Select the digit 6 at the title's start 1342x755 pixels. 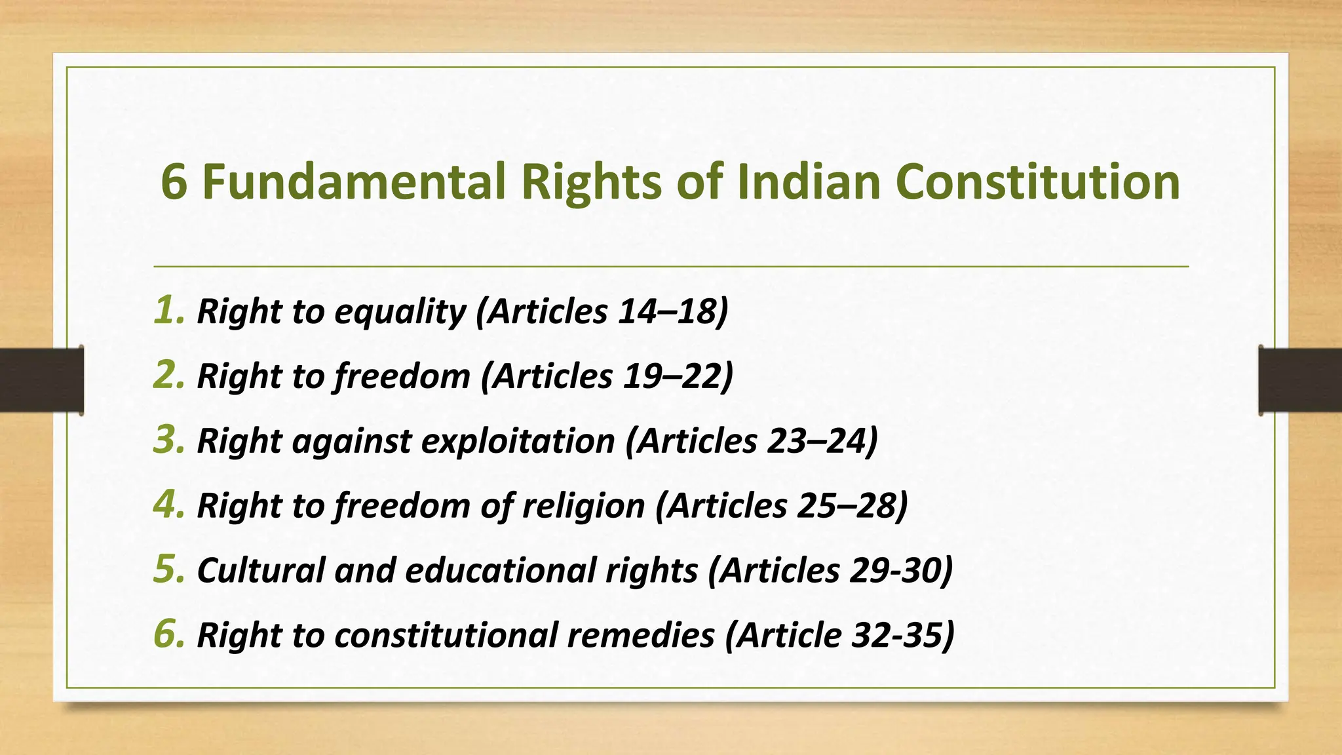174,182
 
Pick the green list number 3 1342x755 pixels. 168,439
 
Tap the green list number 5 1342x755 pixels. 168,569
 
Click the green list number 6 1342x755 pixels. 168,634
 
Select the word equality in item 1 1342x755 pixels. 400,311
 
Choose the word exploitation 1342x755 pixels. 518,441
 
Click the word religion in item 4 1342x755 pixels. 583,507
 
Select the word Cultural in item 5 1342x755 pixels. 260,570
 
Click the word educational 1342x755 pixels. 551,570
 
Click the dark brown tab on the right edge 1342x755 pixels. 1300,380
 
